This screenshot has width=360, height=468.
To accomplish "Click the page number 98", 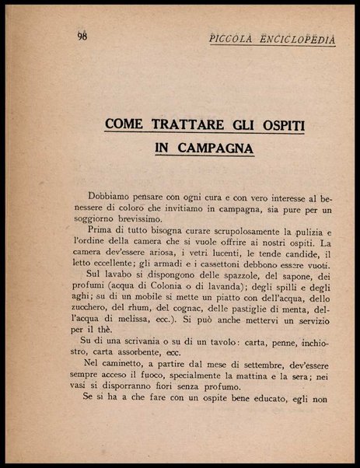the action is coord(83,36).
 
